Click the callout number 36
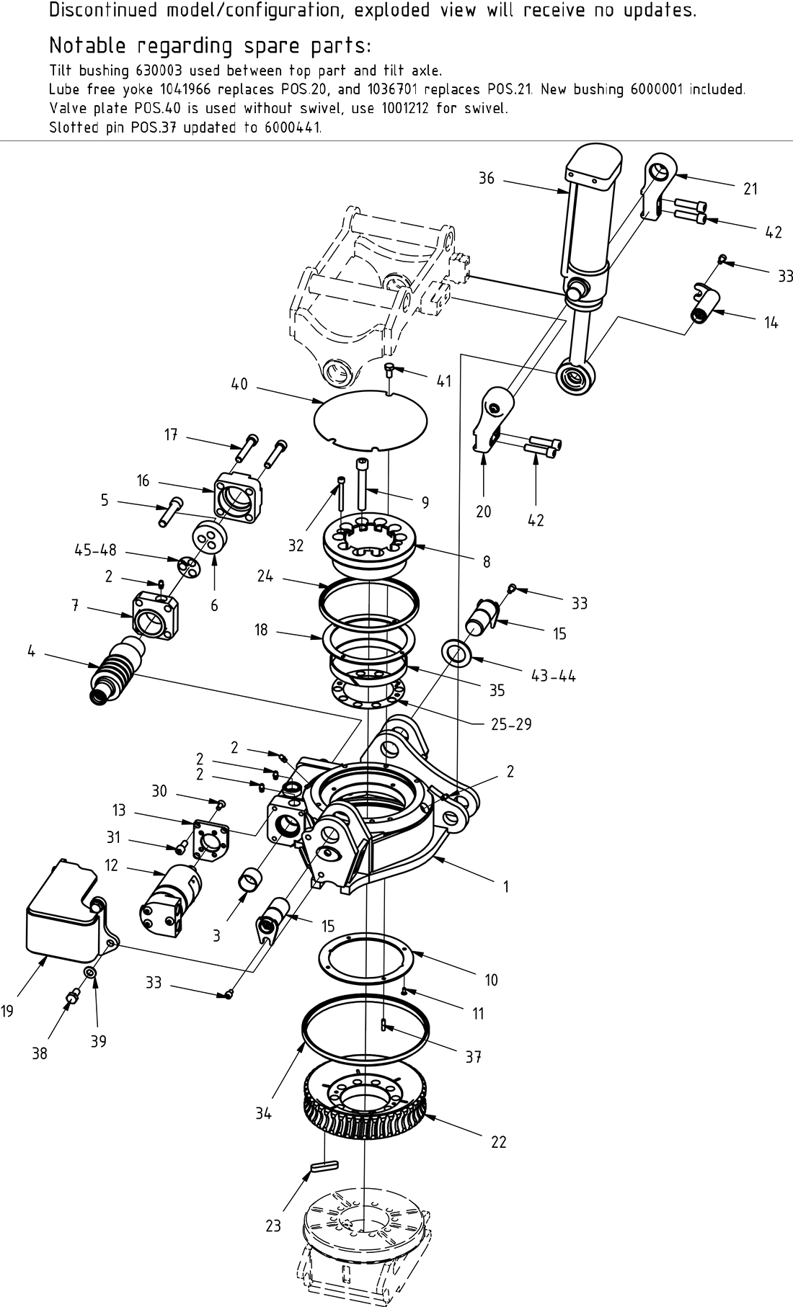(x=487, y=177)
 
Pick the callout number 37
(x=473, y=1057)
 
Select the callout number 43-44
(x=552, y=676)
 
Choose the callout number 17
(x=171, y=435)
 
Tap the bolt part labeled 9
(x=363, y=476)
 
